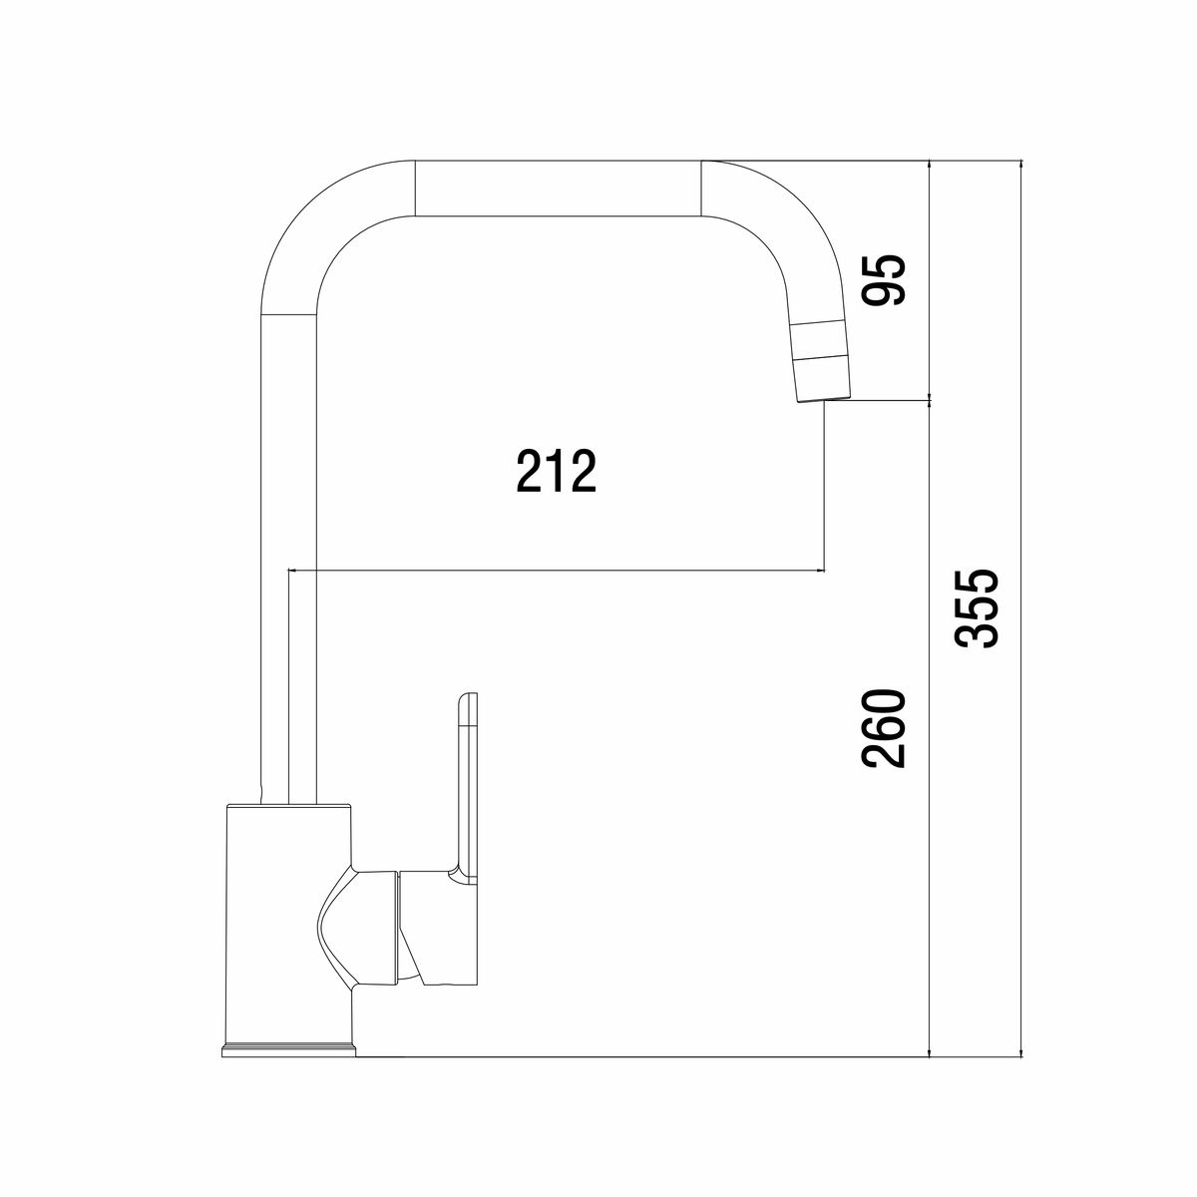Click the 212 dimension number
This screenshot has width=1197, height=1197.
[x=556, y=472]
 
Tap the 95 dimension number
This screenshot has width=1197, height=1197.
[x=885, y=279]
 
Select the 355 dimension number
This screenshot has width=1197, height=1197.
[x=978, y=608]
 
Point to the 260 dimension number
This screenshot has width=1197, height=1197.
[x=885, y=728]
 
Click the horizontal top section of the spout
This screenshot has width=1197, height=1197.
[x=558, y=189]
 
